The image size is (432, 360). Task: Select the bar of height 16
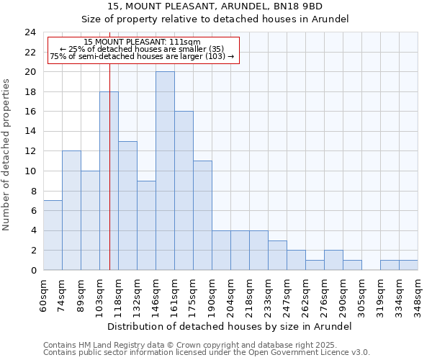[x=184, y=191]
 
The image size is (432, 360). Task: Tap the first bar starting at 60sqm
[x=53, y=235]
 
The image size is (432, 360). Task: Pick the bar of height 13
[x=127, y=206]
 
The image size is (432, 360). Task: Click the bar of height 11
[x=202, y=215]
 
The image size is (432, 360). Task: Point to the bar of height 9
[x=146, y=225]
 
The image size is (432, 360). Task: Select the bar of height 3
[x=277, y=255]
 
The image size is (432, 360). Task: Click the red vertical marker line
[x=109, y=180]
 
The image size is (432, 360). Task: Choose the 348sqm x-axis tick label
[x=418, y=294]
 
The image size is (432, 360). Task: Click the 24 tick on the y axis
[x=30, y=32]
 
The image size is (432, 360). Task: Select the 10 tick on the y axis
[x=30, y=171]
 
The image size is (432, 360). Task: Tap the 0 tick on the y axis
[x=32, y=270]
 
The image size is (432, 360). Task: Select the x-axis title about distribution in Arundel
[x=230, y=326]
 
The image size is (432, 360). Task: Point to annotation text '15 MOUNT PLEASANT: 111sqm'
[x=142, y=42]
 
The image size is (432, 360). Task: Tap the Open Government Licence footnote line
[x=207, y=352]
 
